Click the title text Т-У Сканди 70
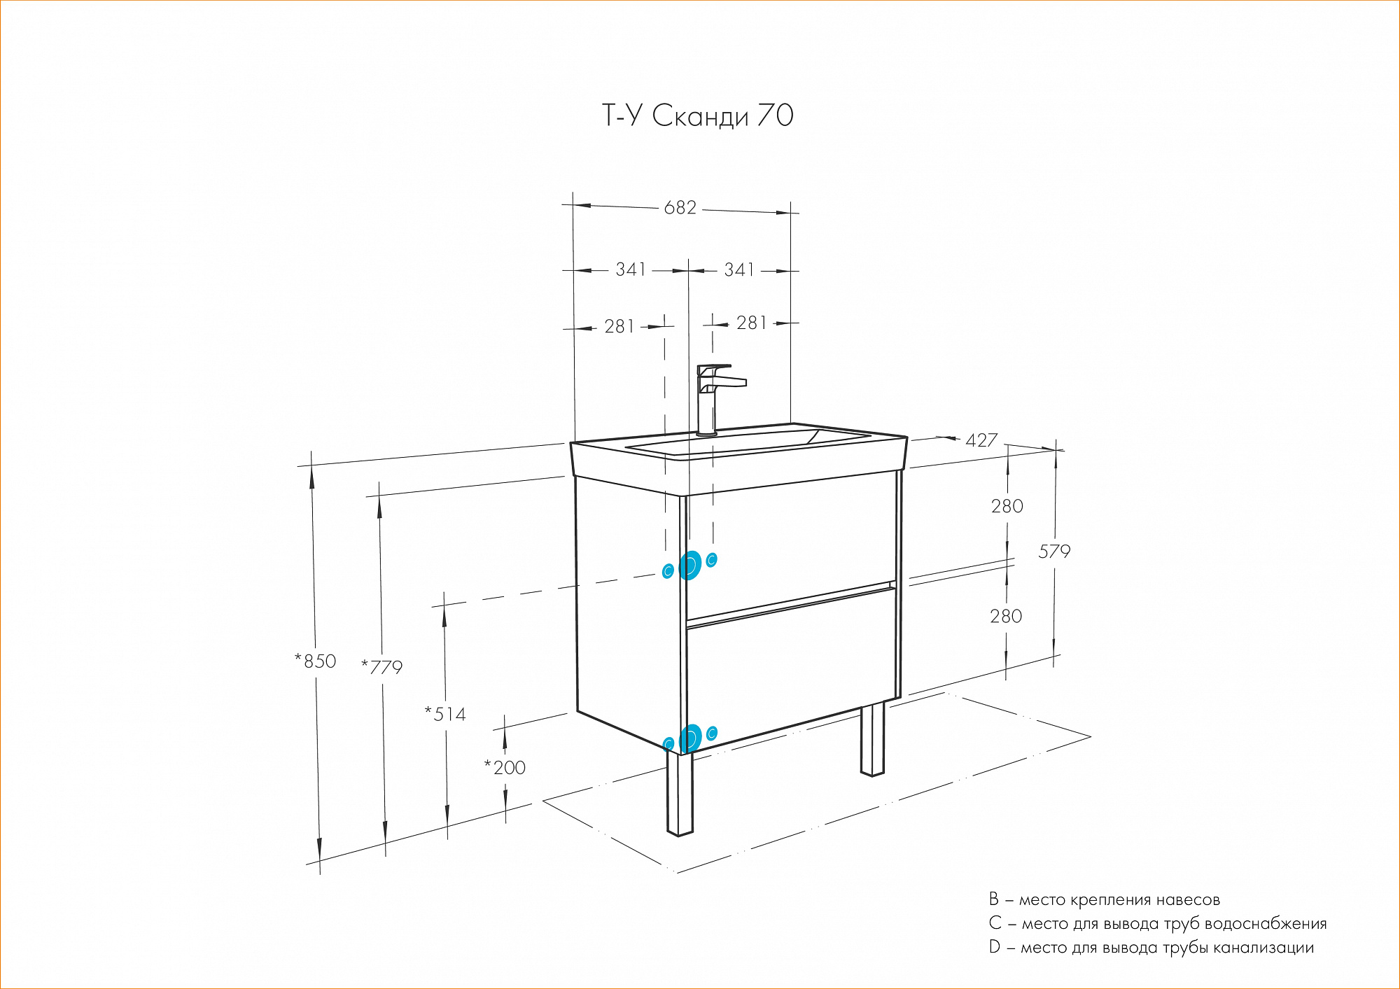[x=698, y=116]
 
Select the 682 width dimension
[x=680, y=208]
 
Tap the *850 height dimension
[x=316, y=661]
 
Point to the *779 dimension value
[x=382, y=667]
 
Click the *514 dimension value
[x=445, y=714]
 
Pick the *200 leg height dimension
[x=505, y=767]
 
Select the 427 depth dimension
[x=981, y=440]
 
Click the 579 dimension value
[x=1054, y=552]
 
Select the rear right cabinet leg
[x=872, y=741]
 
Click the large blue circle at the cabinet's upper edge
[x=690, y=565]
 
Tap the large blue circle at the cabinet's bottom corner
[x=690, y=738]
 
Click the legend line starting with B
[x=1104, y=899]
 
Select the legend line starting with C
[x=1157, y=923]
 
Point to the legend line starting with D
[x=1151, y=948]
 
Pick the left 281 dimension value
[x=619, y=327]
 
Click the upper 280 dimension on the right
[x=1007, y=506]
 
